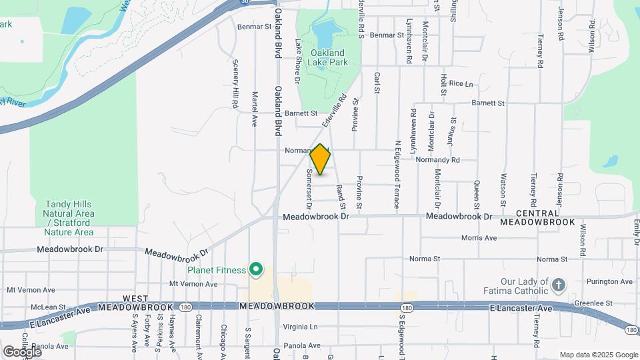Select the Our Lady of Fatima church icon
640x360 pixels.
click(559, 286)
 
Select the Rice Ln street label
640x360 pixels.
click(461, 84)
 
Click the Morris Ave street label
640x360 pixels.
click(479, 238)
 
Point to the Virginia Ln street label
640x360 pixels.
click(301, 327)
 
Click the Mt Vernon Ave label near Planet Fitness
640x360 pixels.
click(194, 284)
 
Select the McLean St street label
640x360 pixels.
click(47, 307)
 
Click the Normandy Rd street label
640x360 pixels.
click(437, 160)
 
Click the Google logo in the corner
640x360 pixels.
click(21, 351)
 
